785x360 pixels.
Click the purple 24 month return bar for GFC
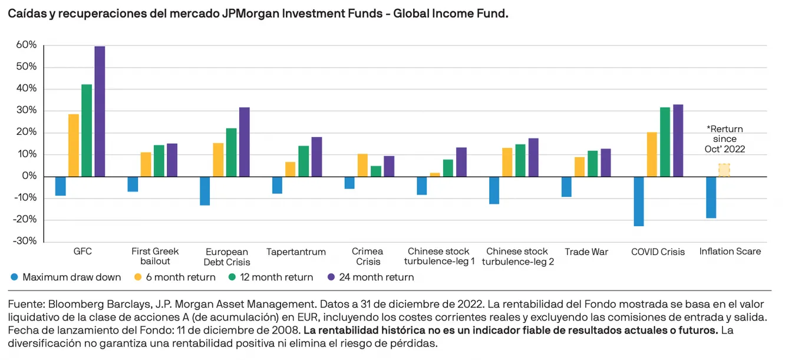point(100,111)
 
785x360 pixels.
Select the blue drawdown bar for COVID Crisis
point(639,201)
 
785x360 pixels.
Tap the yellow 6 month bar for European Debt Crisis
point(217,160)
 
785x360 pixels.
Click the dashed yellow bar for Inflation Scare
point(724,170)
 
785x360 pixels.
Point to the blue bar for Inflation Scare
point(711,197)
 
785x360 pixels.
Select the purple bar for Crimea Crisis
point(389,166)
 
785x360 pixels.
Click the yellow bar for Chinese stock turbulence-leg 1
point(435,174)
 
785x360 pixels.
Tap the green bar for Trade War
point(592,164)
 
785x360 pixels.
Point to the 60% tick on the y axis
point(26,45)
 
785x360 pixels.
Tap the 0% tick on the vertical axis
point(29,176)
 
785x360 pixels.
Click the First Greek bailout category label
point(155,256)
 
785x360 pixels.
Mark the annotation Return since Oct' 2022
point(725,139)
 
